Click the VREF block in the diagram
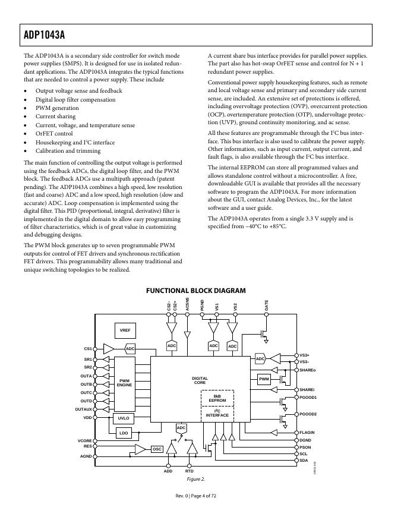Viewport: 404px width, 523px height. (x=125, y=330)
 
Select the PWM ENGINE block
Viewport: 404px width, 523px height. (x=125, y=383)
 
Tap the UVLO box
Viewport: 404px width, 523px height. (x=124, y=418)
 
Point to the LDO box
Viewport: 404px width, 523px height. (x=124, y=433)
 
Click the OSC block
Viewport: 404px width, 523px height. (x=157, y=449)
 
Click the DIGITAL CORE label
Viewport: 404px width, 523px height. (x=200, y=380)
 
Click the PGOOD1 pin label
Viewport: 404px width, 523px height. (x=308, y=397)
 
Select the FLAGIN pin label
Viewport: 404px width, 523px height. (x=307, y=432)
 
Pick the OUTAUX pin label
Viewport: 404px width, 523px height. (x=84, y=409)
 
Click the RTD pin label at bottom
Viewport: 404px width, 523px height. (x=190, y=471)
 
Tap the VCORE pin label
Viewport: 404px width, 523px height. (x=85, y=440)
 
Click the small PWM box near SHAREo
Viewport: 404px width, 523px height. (x=264, y=379)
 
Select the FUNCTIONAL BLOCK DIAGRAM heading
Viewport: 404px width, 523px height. (x=195, y=291)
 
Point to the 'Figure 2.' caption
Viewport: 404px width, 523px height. (x=195, y=478)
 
